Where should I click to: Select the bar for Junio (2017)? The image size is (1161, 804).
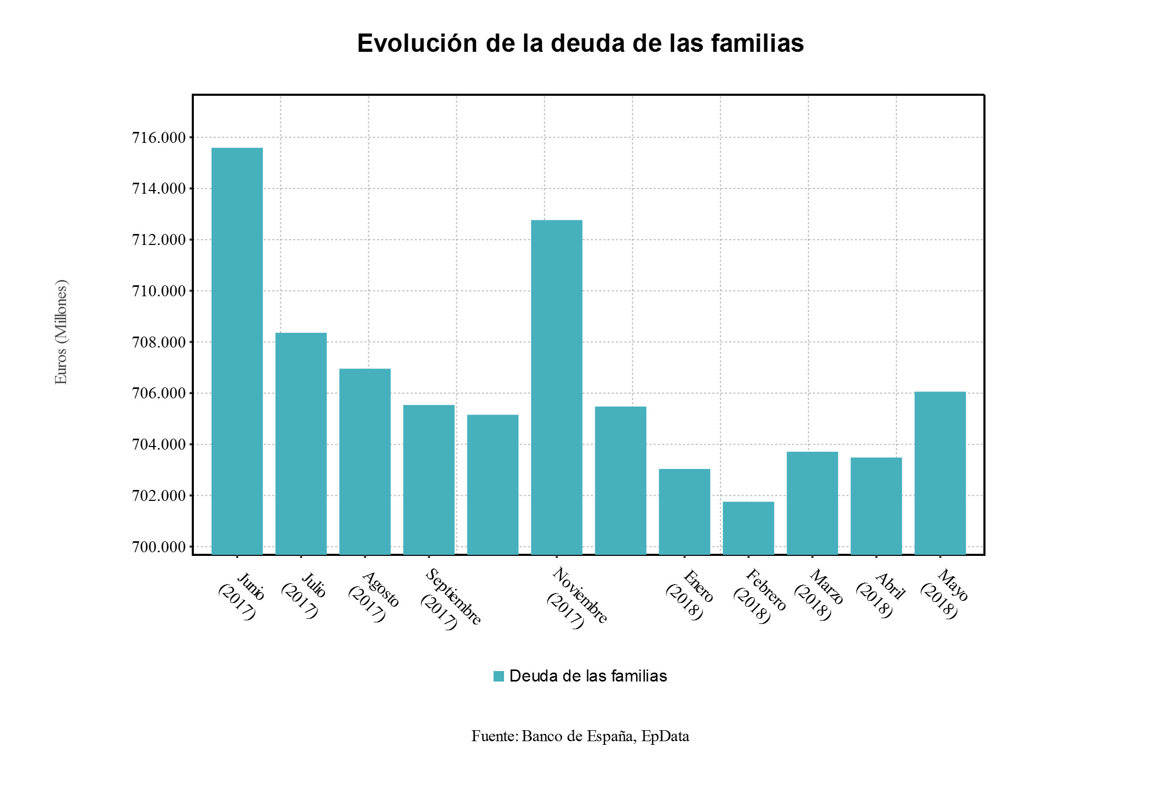click(237, 351)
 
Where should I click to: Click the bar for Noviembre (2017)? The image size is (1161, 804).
click(556, 387)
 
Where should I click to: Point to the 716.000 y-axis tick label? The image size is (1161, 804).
click(159, 138)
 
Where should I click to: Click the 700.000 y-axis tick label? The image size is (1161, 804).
click(159, 547)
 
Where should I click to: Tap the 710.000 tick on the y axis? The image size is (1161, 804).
click(159, 291)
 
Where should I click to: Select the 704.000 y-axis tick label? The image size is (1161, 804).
click(159, 444)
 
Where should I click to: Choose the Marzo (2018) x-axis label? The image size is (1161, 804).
click(818, 594)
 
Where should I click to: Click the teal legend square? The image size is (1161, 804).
click(498, 676)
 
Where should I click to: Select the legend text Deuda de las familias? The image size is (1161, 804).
click(588, 676)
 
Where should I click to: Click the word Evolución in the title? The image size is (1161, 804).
click(417, 43)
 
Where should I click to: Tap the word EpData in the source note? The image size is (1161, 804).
click(665, 736)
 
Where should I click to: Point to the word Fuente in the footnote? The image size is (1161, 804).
click(494, 736)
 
